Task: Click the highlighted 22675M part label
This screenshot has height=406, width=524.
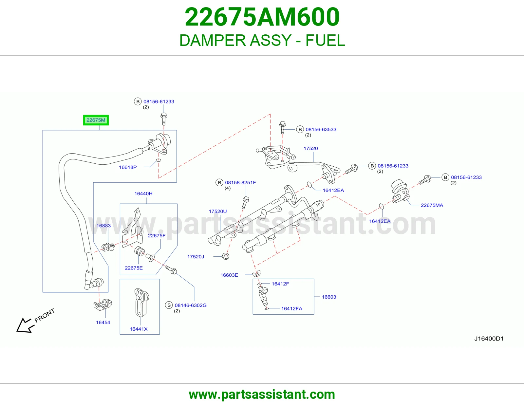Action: [96, 120]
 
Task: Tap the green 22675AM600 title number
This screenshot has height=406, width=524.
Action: [262, 17]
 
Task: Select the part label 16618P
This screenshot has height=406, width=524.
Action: [128, 167]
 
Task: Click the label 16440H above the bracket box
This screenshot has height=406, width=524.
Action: [143, 194]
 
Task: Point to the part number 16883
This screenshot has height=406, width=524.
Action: [104, 226]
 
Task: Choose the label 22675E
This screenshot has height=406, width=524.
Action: [134, 268]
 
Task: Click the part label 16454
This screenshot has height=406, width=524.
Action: [103, 322]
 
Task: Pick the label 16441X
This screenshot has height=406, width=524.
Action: [139, 329]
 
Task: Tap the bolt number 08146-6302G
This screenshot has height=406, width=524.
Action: [191, 305]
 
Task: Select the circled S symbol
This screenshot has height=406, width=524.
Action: [169, 305]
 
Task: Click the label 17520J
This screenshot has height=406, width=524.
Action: [196, 257]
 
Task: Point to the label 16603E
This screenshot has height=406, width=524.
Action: [229, 275]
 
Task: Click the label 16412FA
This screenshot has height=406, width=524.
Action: [292, 309]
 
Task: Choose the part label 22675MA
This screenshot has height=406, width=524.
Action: [432, 205]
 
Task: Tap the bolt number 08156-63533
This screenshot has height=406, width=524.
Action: [321, 129]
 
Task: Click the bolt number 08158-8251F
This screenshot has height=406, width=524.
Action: [240, 182]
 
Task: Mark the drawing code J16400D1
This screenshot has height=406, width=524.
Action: [489, 339]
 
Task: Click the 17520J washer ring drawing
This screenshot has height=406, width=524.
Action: [225, 256]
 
